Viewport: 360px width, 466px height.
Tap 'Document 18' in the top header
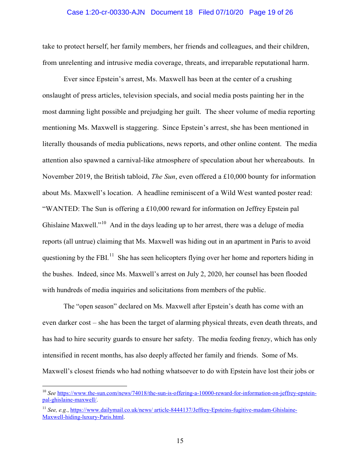pos(172,12)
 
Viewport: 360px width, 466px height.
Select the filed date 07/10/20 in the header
pos(221,12)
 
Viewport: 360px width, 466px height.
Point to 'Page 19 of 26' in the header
pos(271,12)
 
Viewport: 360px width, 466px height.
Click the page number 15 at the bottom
pos(180,441)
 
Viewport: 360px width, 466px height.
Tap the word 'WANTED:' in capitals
pos(60,208)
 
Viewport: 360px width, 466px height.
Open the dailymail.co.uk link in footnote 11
pos(184,410)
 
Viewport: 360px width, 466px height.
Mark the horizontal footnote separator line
pos(84,385)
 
